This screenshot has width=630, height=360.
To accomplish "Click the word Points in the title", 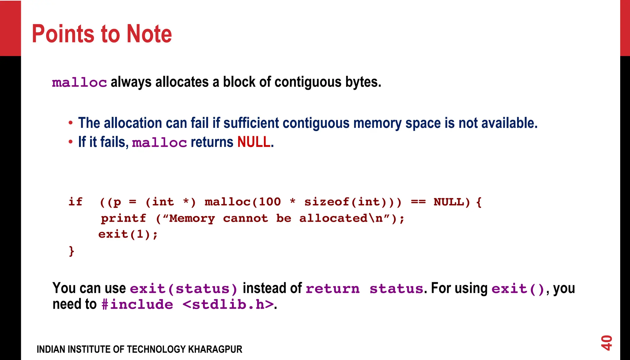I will [63, 34].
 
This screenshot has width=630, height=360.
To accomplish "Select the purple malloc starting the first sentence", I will [79, 83].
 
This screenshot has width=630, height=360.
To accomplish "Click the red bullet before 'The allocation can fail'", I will [71, 123].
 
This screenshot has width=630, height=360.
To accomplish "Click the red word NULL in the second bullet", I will [254, 142].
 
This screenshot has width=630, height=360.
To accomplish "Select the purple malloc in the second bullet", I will [159, 143].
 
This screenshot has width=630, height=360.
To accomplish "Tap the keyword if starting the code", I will [75, 202].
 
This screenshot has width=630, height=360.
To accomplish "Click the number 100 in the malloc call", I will [270, 202].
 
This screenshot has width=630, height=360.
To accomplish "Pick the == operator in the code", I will [418, 202].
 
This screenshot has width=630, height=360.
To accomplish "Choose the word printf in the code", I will [123, 218].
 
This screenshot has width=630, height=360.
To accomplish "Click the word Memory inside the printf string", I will [192, 218].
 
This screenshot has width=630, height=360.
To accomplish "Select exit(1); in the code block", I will [128, 235].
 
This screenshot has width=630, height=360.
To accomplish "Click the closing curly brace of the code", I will [71, 251].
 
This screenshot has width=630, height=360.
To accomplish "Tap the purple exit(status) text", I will [184, 289].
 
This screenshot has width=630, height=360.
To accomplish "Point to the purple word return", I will [333, 289].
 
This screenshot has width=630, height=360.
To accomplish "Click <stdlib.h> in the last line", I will [228, 305].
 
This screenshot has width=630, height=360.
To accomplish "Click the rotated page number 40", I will [606, 343].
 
